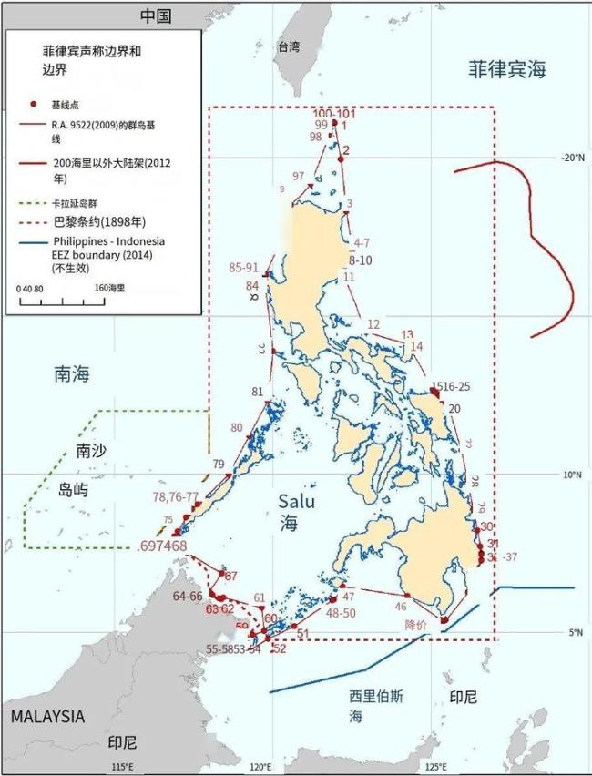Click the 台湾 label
[x=289, y=47]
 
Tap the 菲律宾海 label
[x=507, y=69]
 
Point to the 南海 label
[x=73, y=373]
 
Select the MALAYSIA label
[x=47, y=717]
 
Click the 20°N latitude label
[x=573, y=157]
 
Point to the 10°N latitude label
[x=573, y=475]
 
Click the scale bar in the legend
[x=59, y=301]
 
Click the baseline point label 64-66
[x=188, y=596]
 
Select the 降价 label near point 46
[x=415, y=626]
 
